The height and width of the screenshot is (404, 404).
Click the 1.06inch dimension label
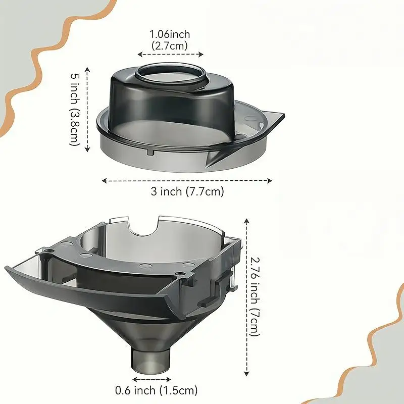click(x=170, y=34)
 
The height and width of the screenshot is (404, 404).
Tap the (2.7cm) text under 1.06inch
click(x=170, y=44)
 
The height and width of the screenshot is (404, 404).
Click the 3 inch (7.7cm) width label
click(x=187, y=191)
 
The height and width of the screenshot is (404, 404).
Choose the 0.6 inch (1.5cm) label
click(x=156, y=390)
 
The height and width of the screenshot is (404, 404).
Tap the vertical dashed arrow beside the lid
click(x=88, y=110)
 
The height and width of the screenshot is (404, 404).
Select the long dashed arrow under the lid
click(x=187, y=180)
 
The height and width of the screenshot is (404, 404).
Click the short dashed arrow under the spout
click(x=151, y=378)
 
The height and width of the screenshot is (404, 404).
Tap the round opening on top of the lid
click(x=171, y=74)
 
